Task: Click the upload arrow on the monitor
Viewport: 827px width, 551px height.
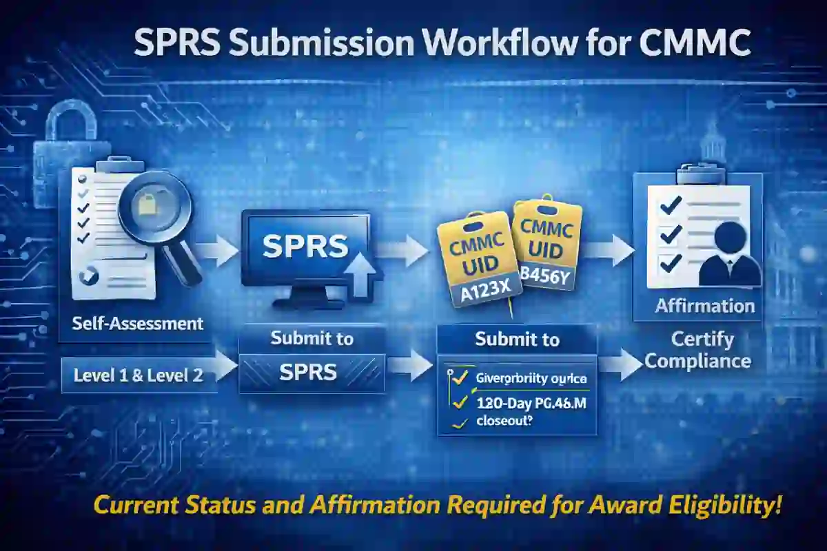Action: click(363, 275)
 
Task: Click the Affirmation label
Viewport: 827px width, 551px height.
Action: click(704, 305)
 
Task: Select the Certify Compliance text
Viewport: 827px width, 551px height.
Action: click(704, 350)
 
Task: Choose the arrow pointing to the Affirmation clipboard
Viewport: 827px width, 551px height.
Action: click(610, 249)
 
